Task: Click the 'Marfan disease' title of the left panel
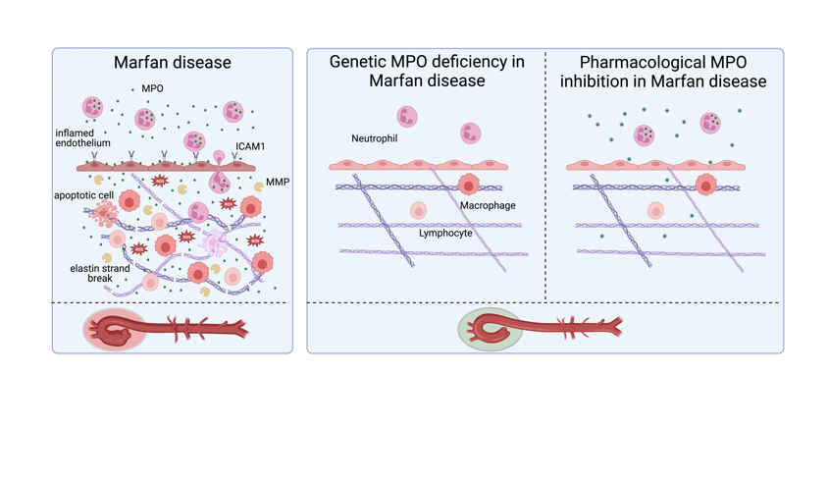coord(173,63)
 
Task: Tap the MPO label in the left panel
coord(152,89)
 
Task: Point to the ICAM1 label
coord(249,147)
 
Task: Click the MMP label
coord(277,182)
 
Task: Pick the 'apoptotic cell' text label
coord(83,195)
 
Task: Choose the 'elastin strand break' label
coord(99,273)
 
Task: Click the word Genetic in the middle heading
coord(363,62)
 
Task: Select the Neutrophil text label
coord(374,139)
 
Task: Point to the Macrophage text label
coord(488,206)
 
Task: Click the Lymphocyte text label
coord(445,234)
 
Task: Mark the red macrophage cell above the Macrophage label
coord(468,185)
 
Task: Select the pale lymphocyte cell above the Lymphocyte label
coord(418,210)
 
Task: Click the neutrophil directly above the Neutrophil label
coord(406,118)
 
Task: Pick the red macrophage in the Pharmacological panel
coord(705,185)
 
